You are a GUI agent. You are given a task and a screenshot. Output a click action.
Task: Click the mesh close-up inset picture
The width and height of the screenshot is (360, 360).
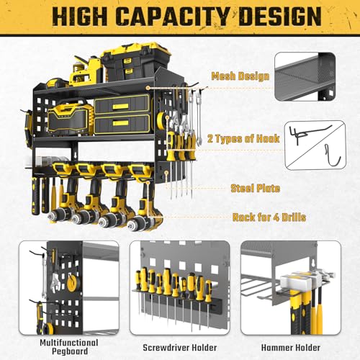pos(315,84)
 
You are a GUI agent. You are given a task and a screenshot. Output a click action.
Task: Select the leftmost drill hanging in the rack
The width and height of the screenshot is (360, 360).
pos(68,202)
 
